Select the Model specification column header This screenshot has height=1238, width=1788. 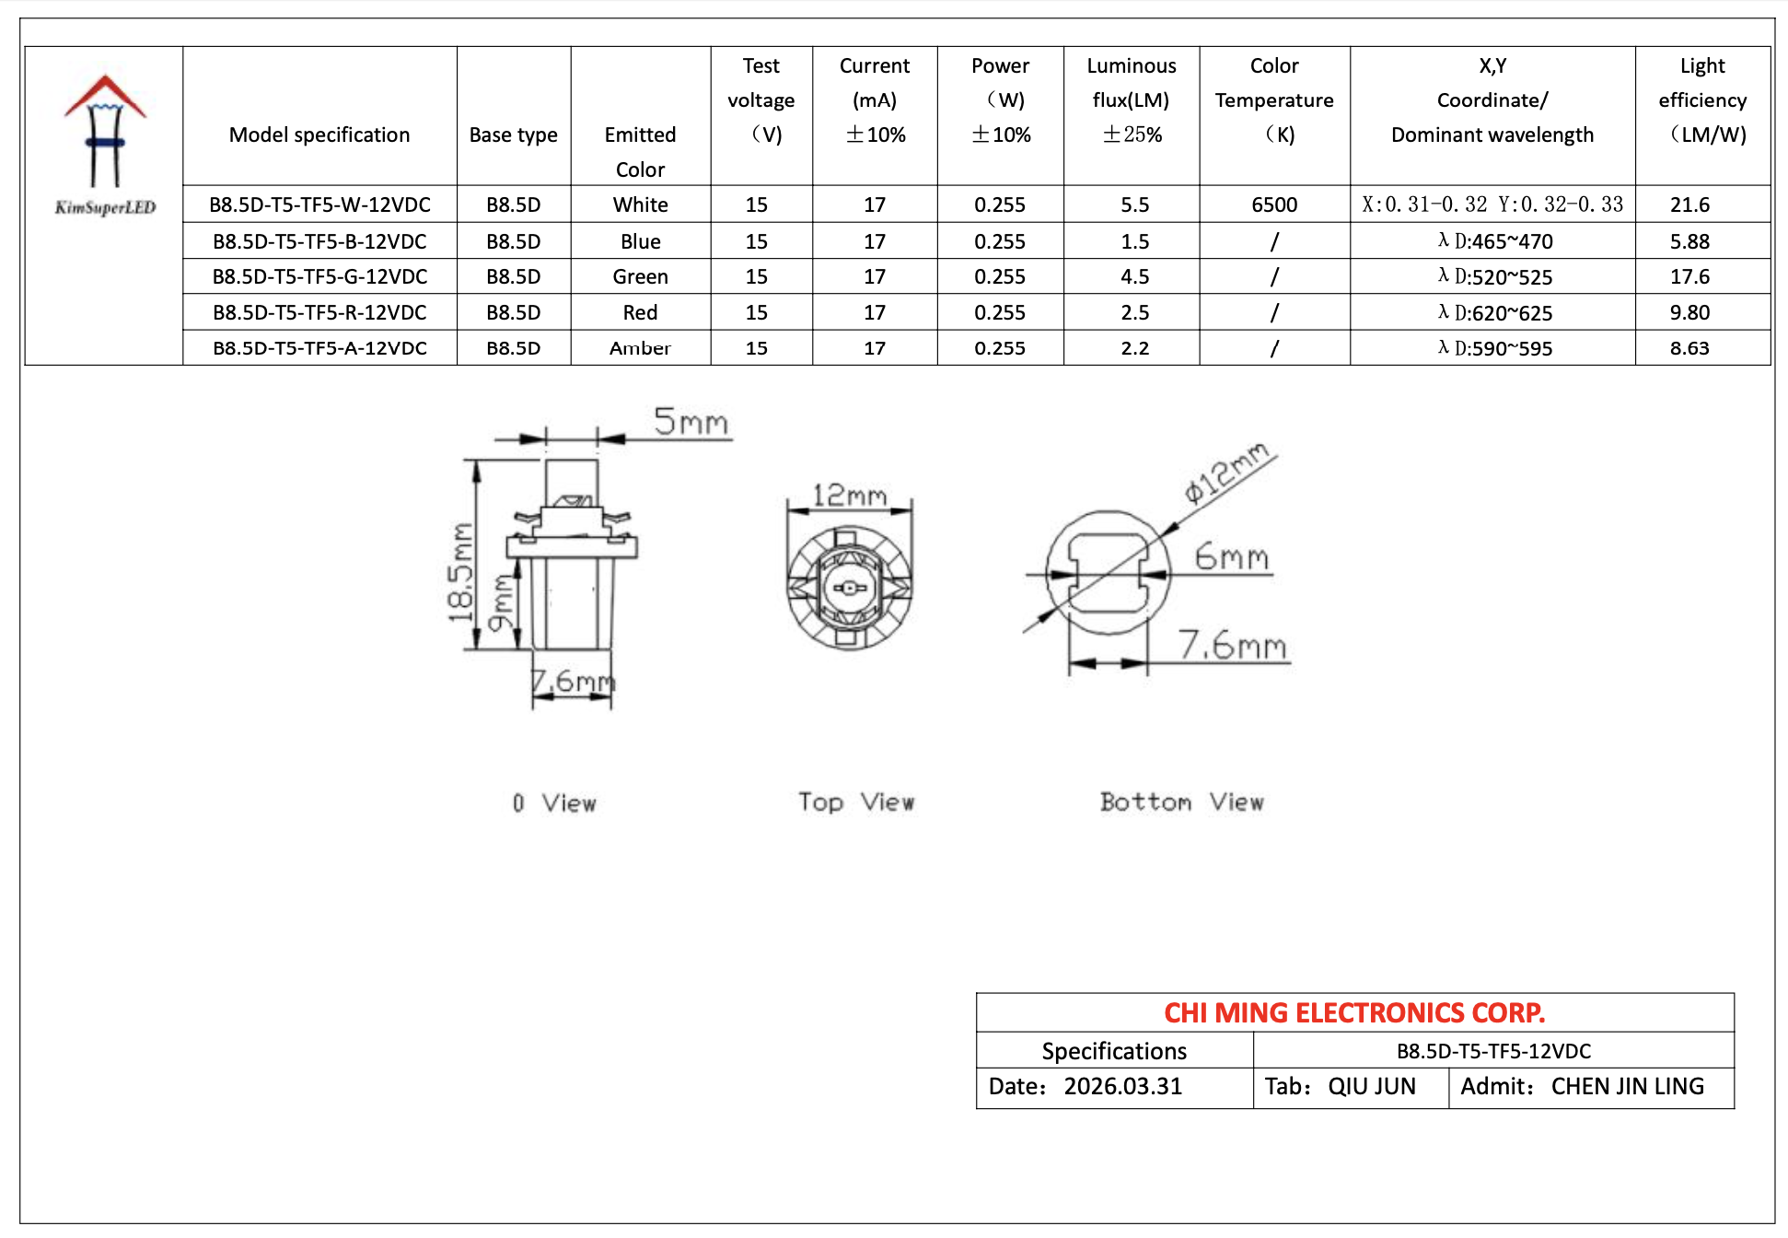coord(319,134)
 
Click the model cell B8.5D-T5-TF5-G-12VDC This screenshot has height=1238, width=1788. coord(319,276)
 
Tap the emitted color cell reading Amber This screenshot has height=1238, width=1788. coord(640,348)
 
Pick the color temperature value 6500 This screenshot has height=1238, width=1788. coord(1274,204)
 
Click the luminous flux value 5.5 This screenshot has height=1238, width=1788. coord(1134,204)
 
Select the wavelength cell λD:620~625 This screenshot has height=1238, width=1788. coord(1495,313)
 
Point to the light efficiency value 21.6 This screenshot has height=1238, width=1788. coord(1689,204)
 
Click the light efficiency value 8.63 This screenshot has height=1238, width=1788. coord(1689,348)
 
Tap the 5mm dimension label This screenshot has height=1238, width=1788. coord(691,422)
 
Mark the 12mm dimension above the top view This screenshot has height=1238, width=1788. coord(849,496)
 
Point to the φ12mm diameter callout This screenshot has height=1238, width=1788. coord(1227,473)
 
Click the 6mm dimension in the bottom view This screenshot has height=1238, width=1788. coord(1231,556)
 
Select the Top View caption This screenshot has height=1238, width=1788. coord(856,802)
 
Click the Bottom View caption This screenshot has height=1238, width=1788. coord(1182,802)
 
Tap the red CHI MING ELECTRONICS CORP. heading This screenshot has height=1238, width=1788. coord(1354,1013)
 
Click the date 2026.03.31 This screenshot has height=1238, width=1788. coord(1122,1087)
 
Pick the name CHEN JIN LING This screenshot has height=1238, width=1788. coord(1627,1087)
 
